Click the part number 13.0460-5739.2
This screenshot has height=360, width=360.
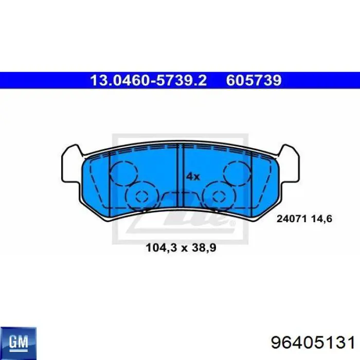[148, 80]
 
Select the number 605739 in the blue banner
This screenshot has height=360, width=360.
[254, 80]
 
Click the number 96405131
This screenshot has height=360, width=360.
[313, 343]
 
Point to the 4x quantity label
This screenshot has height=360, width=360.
[193, 177]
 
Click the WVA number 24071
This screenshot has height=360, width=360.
[292, 219]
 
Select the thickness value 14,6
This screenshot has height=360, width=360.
[321, 219]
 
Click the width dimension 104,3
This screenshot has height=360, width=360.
[161, 248]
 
